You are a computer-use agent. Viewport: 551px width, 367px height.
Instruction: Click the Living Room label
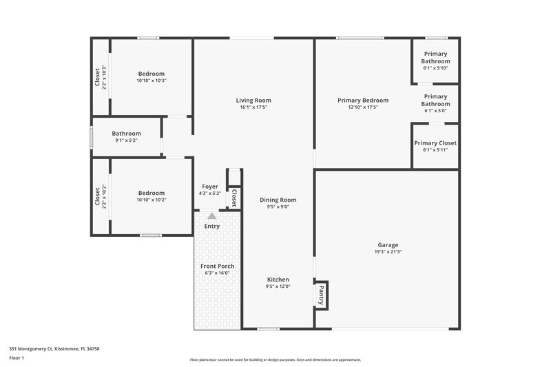tap(253, 101)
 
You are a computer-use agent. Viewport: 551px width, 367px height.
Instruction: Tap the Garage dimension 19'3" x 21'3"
tap(388, 252)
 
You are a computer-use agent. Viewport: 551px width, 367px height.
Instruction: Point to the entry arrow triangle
tap(211, 216)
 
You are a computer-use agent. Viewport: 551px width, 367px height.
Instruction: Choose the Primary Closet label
tap(435, 143)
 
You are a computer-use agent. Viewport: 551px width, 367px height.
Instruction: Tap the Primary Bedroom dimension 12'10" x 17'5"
tap(363, 107)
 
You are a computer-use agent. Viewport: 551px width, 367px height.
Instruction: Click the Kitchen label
tap(278, 280)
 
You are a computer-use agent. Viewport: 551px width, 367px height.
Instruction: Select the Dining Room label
tap(278, 200)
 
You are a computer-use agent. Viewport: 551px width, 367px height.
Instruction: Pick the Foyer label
tap(210, 187)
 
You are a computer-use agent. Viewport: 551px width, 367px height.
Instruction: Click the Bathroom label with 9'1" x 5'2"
tap(127, 134)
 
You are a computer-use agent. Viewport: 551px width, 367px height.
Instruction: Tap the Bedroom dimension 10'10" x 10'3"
tap(152, 81)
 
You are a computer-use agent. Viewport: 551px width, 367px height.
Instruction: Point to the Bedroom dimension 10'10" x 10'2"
tap(152, 200)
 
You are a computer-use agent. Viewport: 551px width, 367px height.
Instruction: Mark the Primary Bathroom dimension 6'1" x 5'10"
tap(435, 67)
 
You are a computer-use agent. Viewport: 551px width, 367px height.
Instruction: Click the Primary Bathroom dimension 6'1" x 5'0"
tap(435, 110)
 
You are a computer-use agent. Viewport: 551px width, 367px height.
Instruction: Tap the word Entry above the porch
tap(212, 226)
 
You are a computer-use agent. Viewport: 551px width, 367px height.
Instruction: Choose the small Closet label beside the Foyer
tap(234, 198)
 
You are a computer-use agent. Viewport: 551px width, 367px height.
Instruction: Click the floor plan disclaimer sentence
tap(275, 359)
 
